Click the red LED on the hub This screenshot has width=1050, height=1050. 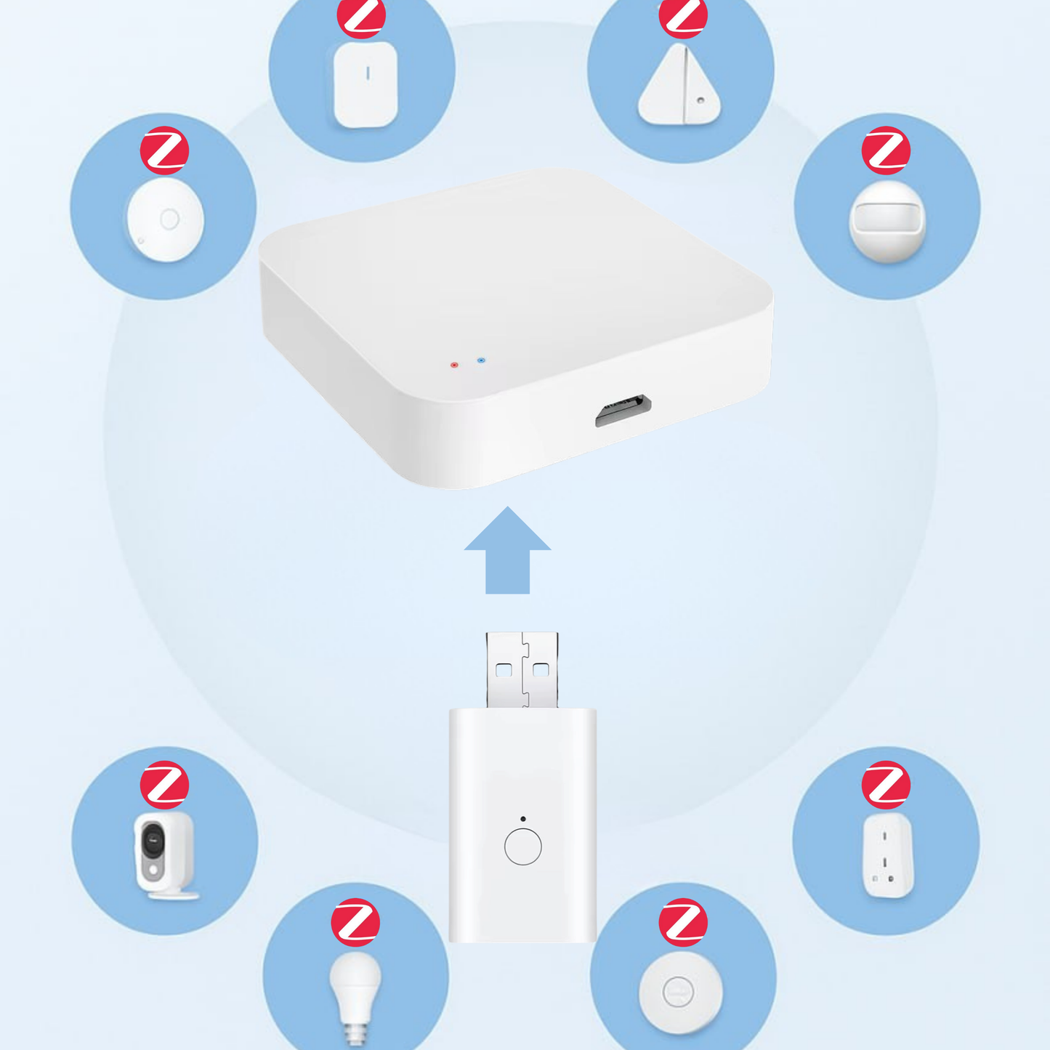[454, 365]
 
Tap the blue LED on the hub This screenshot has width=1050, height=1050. [481, 360]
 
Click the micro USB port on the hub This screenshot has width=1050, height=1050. [623, 411]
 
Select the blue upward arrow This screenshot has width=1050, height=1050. [507, 552]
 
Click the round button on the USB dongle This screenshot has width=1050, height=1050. [522, 847]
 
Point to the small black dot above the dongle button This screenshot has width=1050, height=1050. [522, 819]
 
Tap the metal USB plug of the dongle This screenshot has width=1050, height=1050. [522, 669]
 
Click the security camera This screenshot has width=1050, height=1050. [164, 855]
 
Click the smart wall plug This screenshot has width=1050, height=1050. [888, 855]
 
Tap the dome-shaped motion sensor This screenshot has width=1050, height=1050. [887, 221]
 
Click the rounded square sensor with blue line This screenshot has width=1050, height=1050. [366, 84]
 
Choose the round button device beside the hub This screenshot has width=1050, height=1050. [166, 219]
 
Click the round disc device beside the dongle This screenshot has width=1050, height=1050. [680, 992]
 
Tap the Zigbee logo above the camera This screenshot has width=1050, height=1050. [165, 785]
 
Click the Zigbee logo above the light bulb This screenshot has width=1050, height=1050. [355, 922]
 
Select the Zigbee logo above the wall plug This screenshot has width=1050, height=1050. [886, 785]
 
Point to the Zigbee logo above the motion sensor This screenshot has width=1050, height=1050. [886, 150]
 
